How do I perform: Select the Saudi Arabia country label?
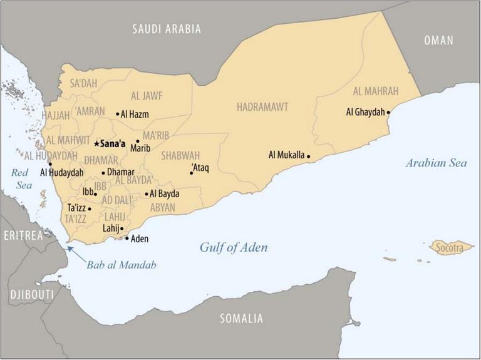click(166, 29)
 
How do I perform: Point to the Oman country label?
click(438, 41)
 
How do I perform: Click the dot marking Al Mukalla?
click(308, 156)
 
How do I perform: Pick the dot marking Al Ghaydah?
click(389, 113)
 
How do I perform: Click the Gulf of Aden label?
click(234, 248)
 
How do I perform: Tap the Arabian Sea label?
click(436, 163)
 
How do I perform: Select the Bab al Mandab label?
click(122, 265)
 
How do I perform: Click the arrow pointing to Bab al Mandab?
click(70, 249)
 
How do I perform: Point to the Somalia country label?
click(241, 319)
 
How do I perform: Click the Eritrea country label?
click(23, 235)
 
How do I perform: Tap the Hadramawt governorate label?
click(262, 107)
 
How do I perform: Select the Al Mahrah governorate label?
click(375, 91)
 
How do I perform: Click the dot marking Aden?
click(127, 239)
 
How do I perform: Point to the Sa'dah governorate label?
click(84, 83)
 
